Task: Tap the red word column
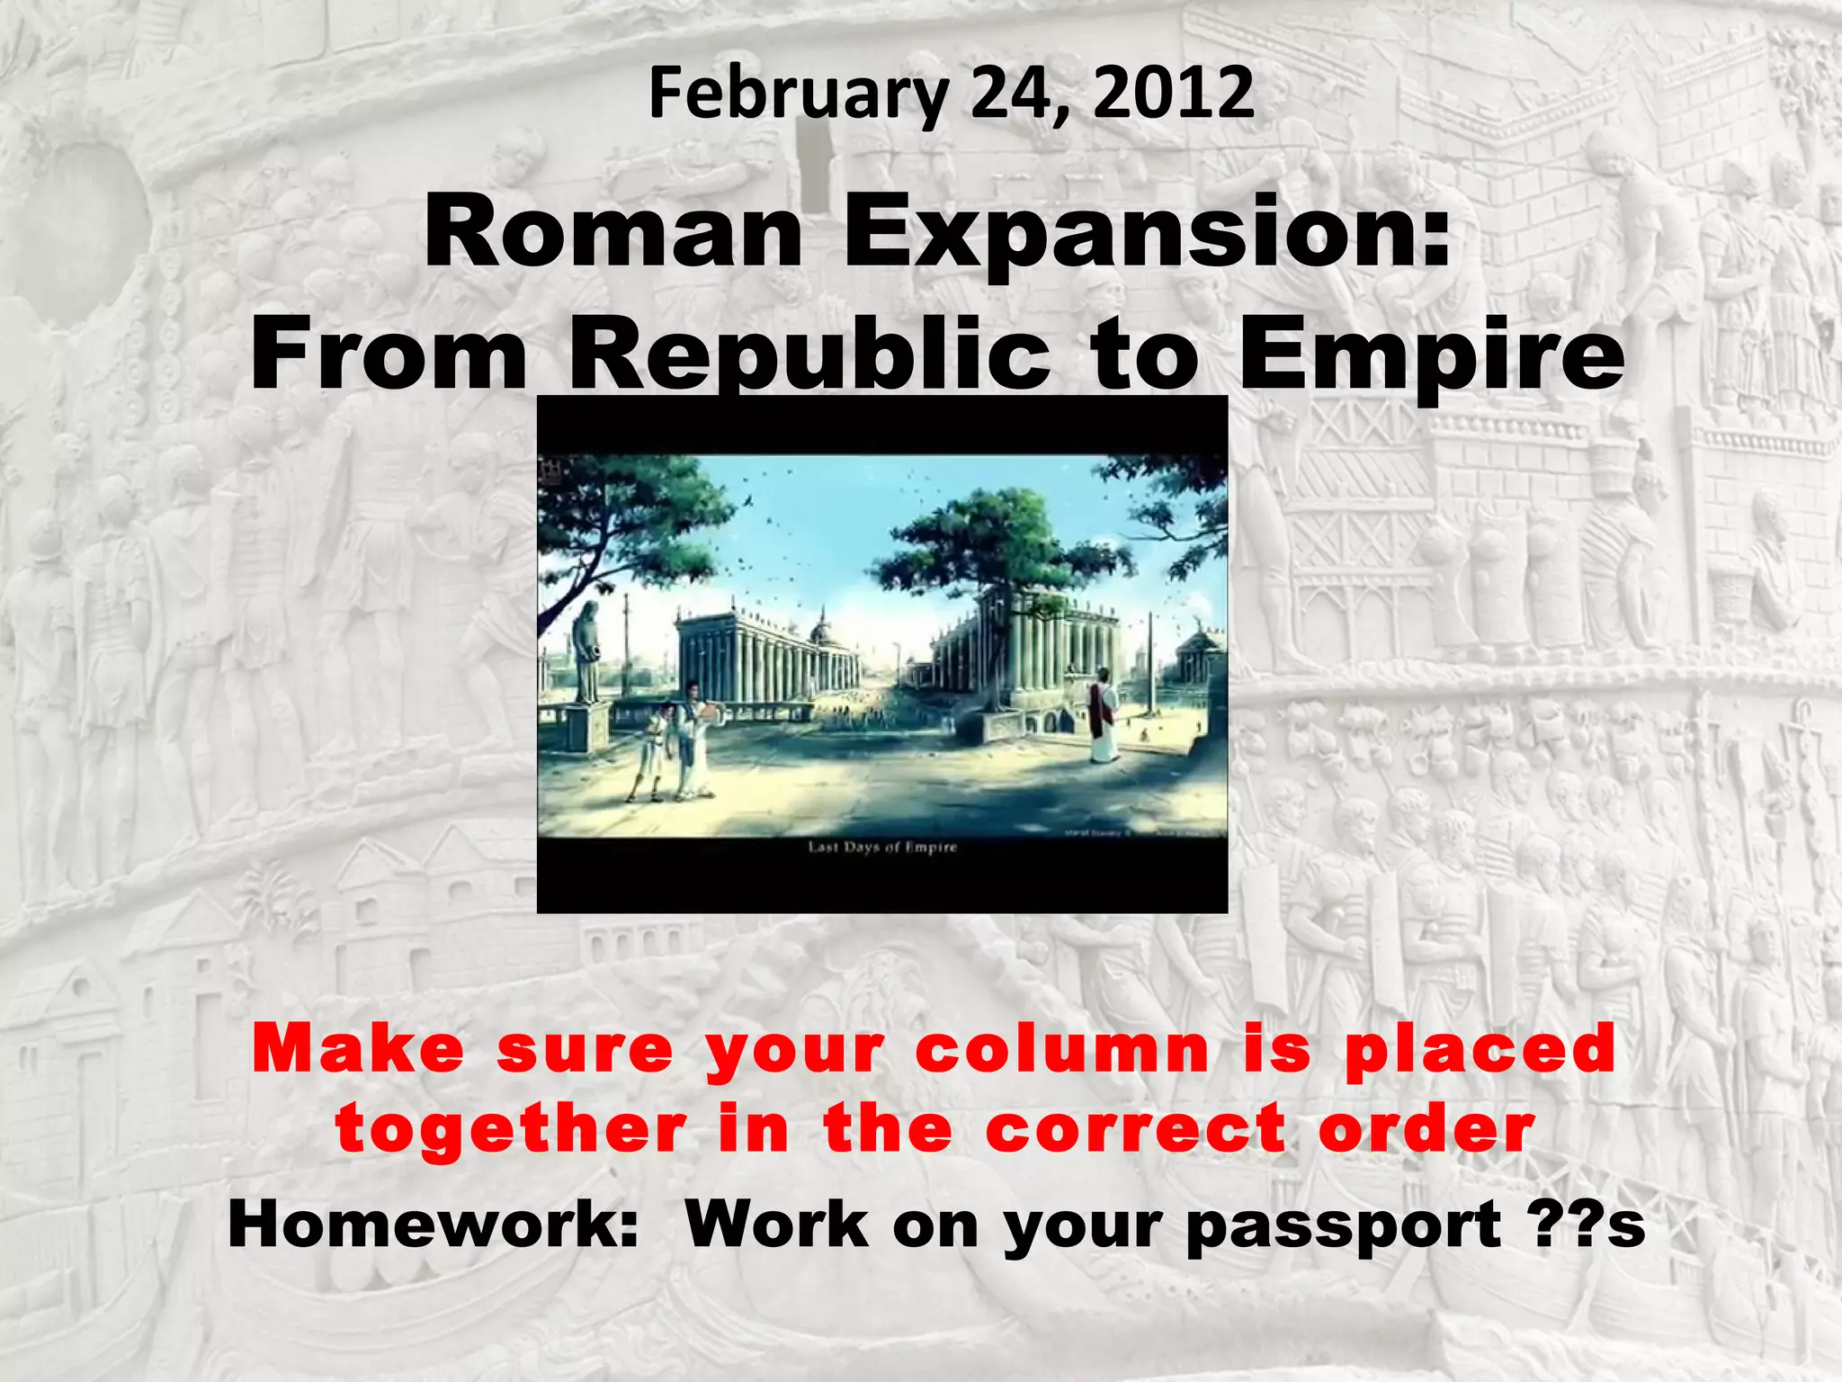tap(1062, 1049)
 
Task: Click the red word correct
tap(1135, 1130)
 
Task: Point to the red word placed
tap(1480, 1049)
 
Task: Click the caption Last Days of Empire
tap(882, 847)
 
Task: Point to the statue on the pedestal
tap(586, 652)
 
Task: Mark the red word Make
tap(358, 1049)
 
